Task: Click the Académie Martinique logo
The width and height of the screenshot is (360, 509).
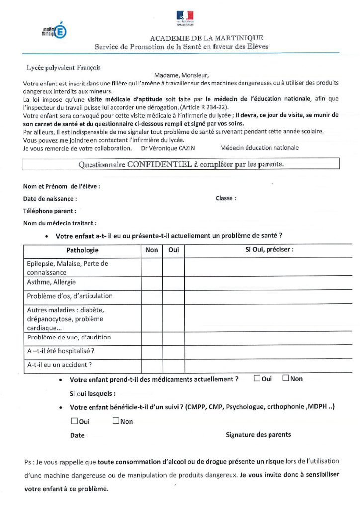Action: (x=54, y=31)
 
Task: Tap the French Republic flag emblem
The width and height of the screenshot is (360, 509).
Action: (x=184, y=17)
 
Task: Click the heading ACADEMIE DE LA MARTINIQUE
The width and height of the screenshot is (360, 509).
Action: (x=206, y=38)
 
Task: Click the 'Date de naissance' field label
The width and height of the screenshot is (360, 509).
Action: (x=50, y=199)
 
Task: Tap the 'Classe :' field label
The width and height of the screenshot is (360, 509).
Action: (x=226, y=198)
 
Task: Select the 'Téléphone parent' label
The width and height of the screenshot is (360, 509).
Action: (x=49, y=211)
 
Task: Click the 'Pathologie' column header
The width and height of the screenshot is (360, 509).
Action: (x=83, y=250)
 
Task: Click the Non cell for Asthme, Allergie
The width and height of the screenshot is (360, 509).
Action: (x=152, y=283)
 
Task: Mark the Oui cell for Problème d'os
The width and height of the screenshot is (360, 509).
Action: (x=174, y=297)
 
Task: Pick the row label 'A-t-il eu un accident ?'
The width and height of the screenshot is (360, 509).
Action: (x=60, y=365)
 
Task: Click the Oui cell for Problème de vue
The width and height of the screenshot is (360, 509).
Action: (x=174, y=338)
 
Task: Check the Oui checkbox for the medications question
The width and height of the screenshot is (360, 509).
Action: (x=257, y=378)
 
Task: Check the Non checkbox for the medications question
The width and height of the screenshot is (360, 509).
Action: (x=286, y=378)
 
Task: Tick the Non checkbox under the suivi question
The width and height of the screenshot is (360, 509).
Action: (x=116, y=421)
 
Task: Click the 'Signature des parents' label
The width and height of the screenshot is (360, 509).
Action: (x=259, y=435)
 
